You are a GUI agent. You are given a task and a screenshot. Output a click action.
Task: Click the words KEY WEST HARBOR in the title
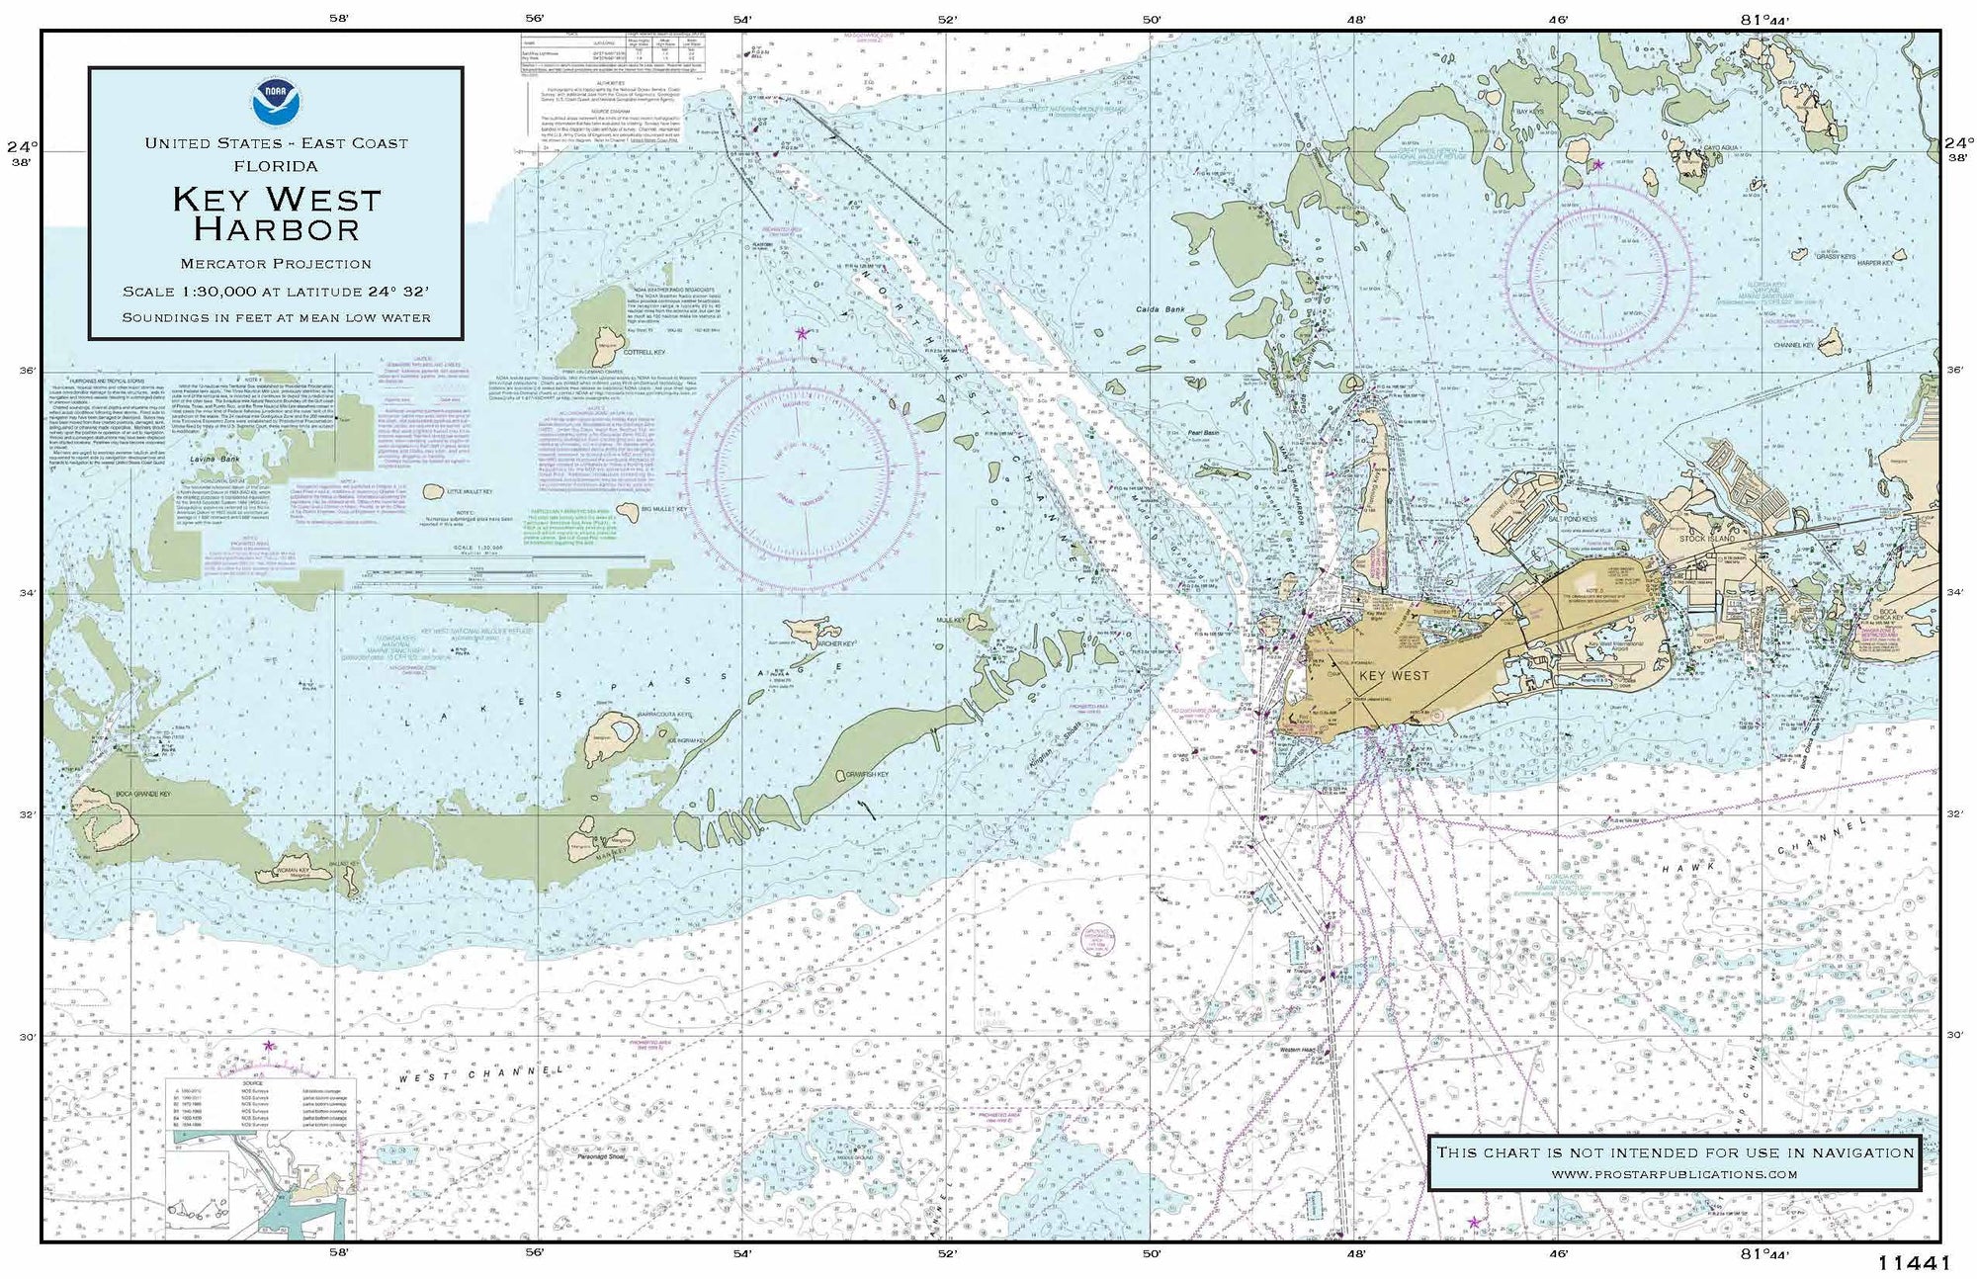click(x=276, y=213)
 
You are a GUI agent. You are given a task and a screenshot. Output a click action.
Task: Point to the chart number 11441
click(x=1913, y=1262)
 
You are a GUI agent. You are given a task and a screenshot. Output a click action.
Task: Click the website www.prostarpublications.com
click(x=1674, y=1173)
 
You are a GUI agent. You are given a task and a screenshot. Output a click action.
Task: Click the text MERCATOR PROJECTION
click(x=276, y=264)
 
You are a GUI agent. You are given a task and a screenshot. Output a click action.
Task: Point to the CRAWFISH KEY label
click(x=867, y=774)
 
